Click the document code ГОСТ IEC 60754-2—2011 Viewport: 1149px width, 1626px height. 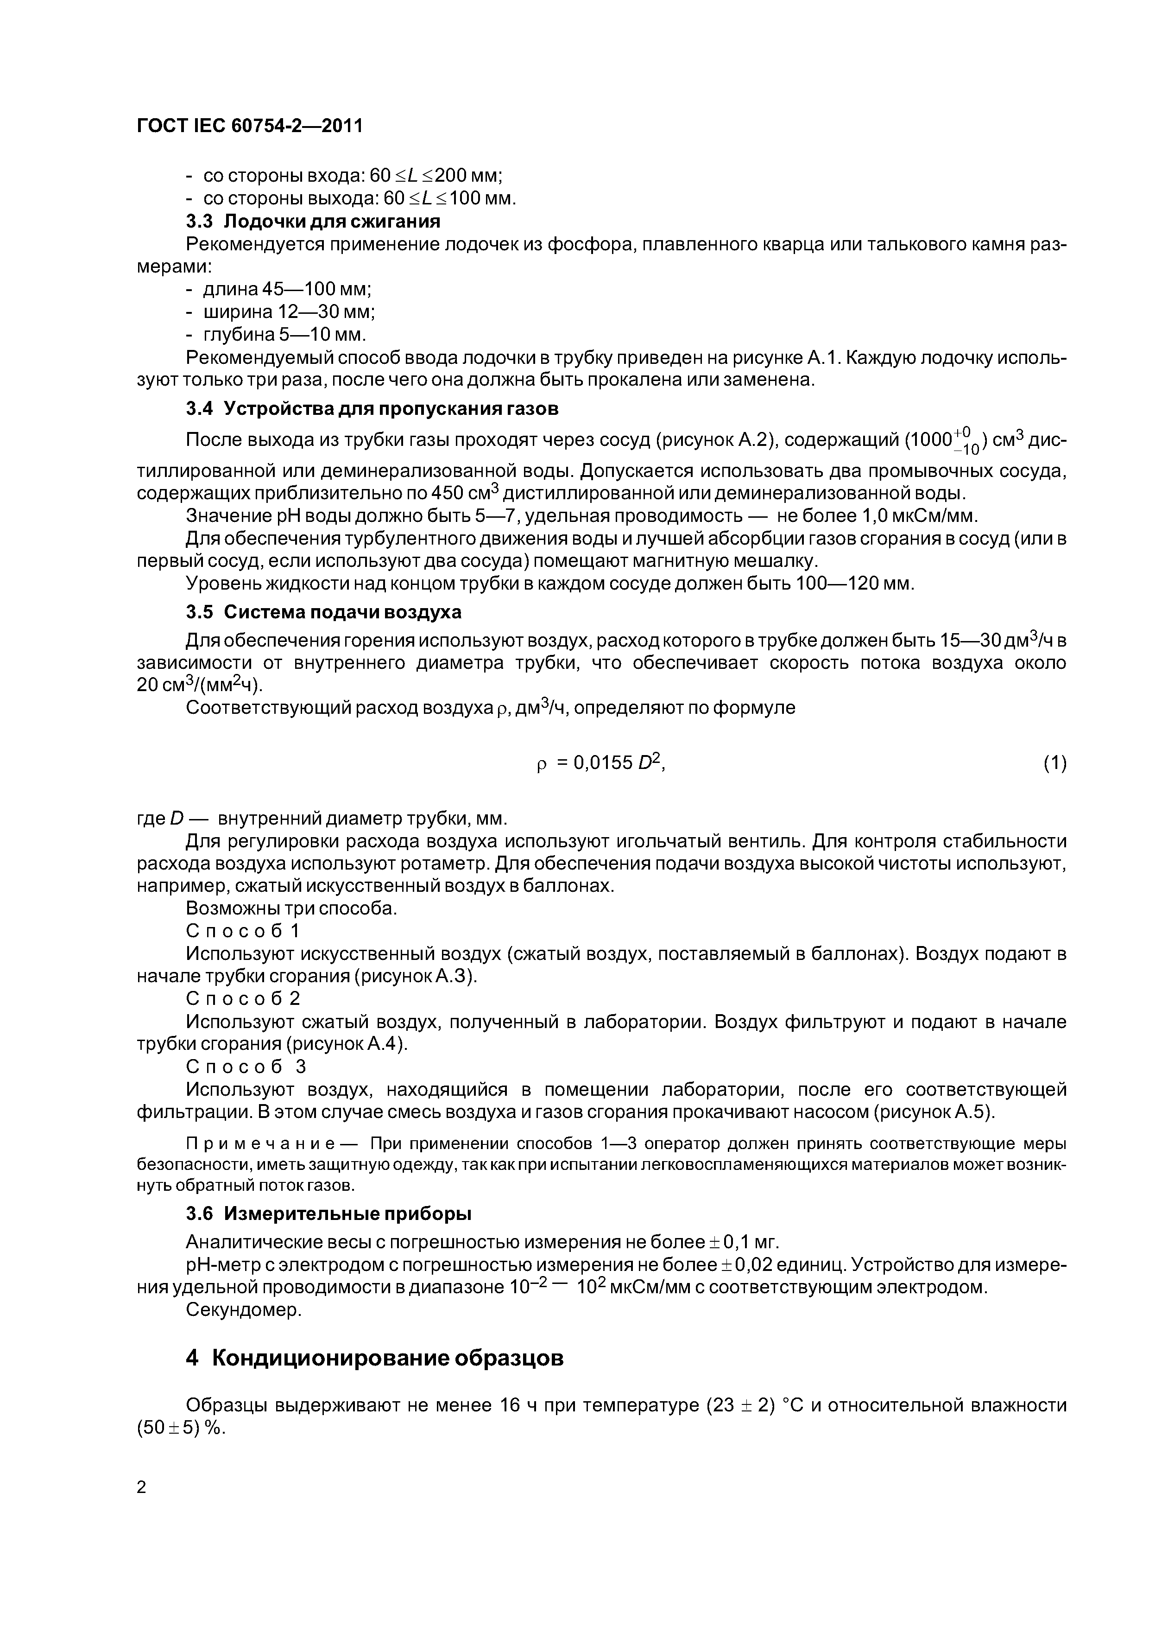[x=249, y=126]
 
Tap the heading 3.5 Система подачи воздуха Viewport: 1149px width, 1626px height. [x=323, y=612]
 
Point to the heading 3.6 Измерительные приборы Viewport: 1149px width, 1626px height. [x=328, y=1214]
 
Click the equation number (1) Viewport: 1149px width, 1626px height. [x=1054, y=763]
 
